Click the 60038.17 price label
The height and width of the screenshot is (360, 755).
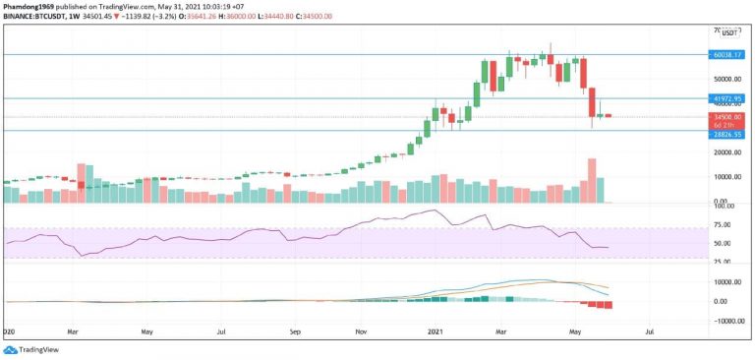728,55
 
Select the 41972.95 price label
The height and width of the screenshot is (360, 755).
728,98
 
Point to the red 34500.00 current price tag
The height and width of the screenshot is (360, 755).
728,116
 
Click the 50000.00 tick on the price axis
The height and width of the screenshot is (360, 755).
728,79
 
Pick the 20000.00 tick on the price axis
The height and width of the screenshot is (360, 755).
728,152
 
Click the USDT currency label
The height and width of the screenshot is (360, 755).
730,32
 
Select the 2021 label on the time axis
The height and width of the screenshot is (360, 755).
439,332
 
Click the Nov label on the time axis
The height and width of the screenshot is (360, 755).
363,332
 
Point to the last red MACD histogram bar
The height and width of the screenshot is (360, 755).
609,305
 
